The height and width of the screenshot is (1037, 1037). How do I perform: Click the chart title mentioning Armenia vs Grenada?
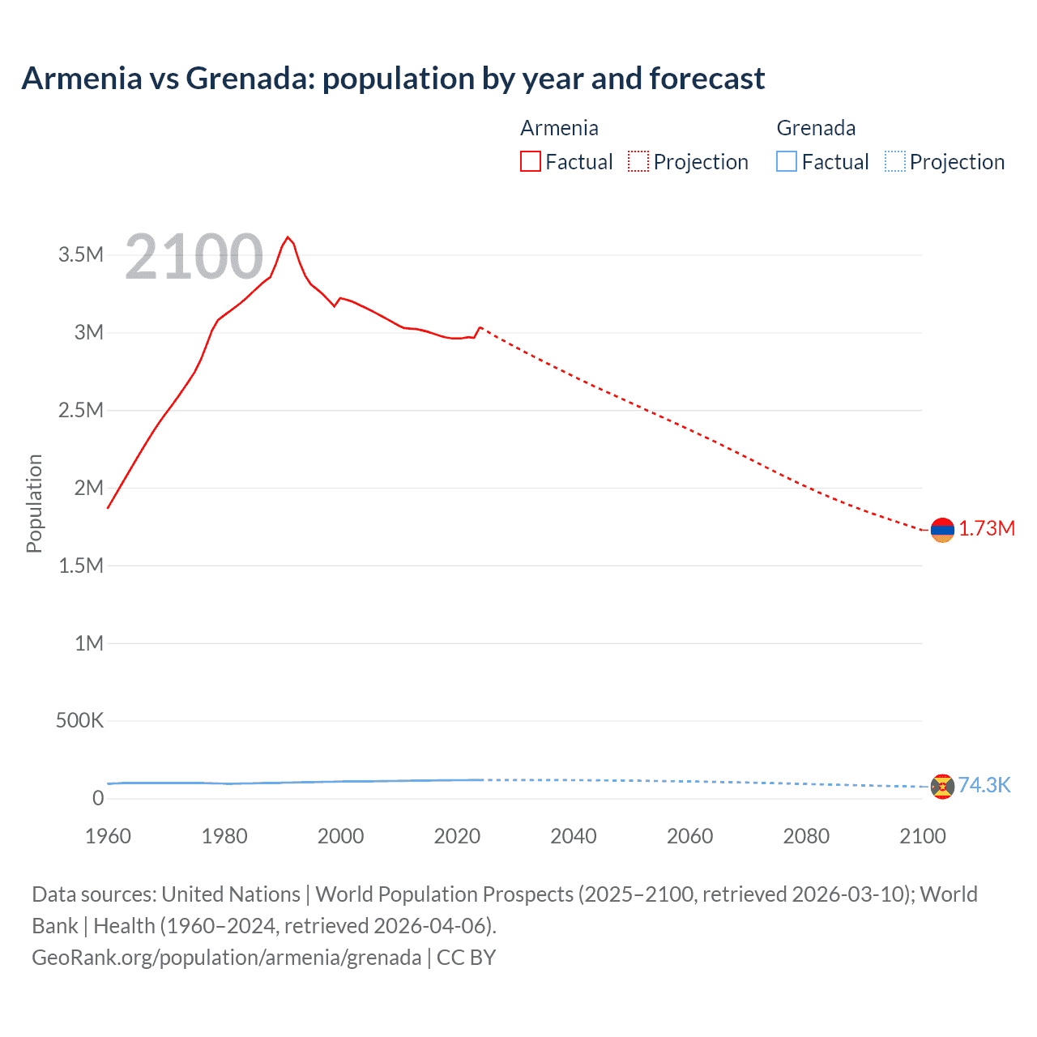(393, 79)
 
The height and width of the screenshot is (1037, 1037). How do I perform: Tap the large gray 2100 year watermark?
(194, 257)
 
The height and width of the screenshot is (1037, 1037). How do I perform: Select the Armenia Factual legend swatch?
(530, 162)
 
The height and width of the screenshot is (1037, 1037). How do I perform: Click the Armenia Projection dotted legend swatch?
(638, 162)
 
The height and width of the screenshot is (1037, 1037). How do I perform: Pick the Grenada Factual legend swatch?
(787, 162)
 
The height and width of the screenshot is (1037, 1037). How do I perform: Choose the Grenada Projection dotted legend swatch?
(895, 162)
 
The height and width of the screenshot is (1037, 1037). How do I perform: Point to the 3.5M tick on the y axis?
(81, 255)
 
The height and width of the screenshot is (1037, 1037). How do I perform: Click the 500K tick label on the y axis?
(79, 721)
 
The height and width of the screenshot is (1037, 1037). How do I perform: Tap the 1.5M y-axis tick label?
(81, 565)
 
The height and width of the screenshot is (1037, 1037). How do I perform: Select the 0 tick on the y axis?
(98, 799)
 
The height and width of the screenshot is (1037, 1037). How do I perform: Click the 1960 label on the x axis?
(108, 836)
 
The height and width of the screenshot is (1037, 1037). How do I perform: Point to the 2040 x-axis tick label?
(574, 836)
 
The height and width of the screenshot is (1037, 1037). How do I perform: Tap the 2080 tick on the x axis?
(806, 836)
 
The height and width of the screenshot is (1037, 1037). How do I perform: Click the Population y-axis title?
(34, 503)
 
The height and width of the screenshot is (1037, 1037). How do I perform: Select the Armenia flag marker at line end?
(942, 530)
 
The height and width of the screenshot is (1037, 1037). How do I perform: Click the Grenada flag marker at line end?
(942, 786)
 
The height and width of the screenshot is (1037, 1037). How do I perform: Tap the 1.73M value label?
(987, 529)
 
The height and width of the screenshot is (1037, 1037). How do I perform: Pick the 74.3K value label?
(984, 786)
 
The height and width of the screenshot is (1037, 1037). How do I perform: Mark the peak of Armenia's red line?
(288, 237)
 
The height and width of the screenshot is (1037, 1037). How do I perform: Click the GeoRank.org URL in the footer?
(226, 958)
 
